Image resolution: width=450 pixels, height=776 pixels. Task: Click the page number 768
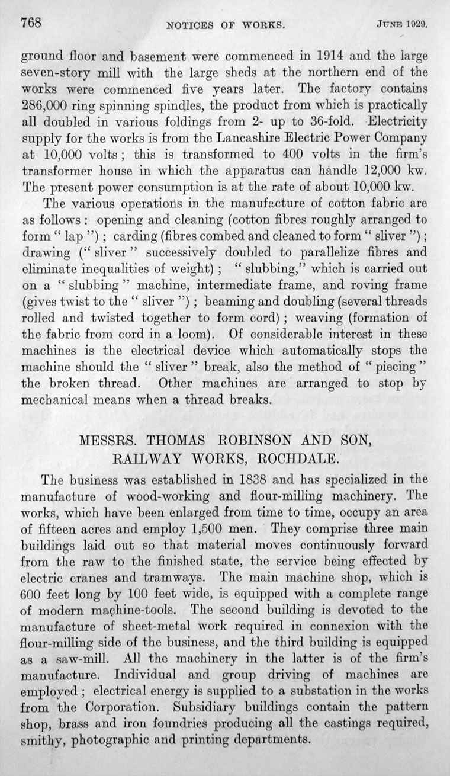click(x=31, y=24)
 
